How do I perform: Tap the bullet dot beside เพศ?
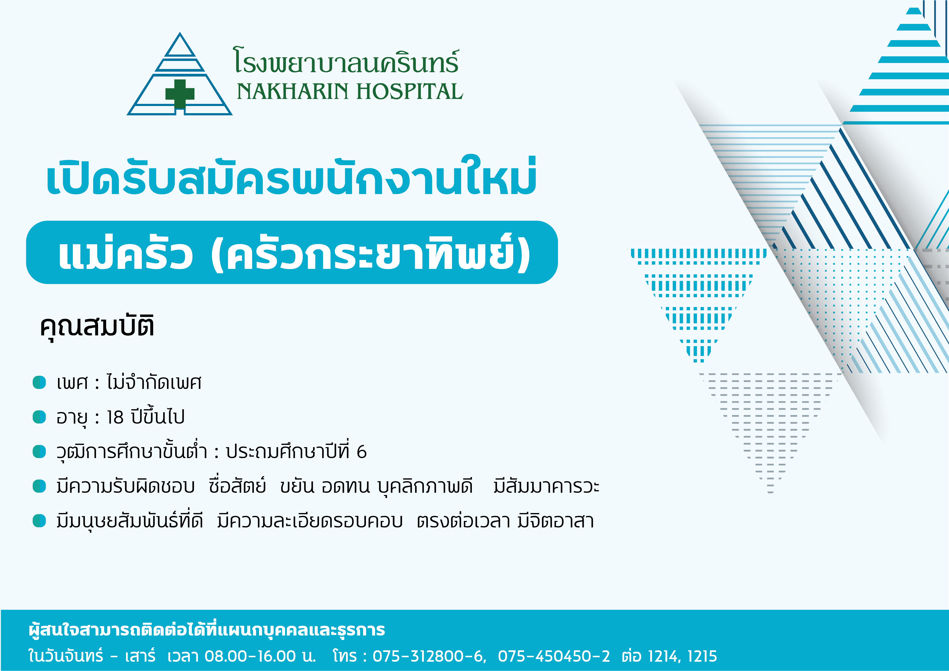(x=39, y=382)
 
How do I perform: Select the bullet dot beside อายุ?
(x=39, y=417)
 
